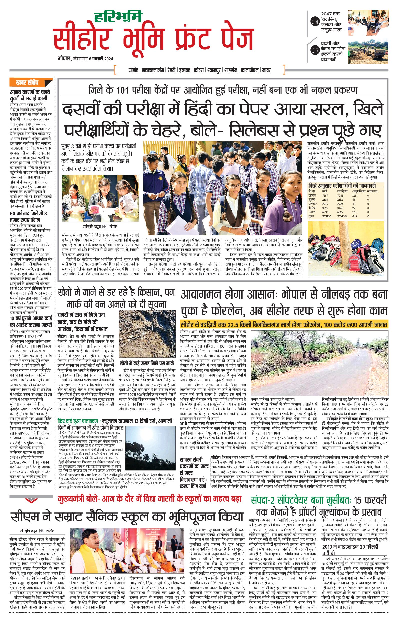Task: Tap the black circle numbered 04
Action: click(x=315, y=22)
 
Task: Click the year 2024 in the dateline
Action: click(x=108, y=59)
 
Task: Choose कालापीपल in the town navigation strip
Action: click(x=249, y=70)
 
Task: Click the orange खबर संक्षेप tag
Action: click(x=27, y=82)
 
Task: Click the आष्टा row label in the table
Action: click(x=312, y=212)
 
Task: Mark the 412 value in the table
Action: click(x=354, y=216)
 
